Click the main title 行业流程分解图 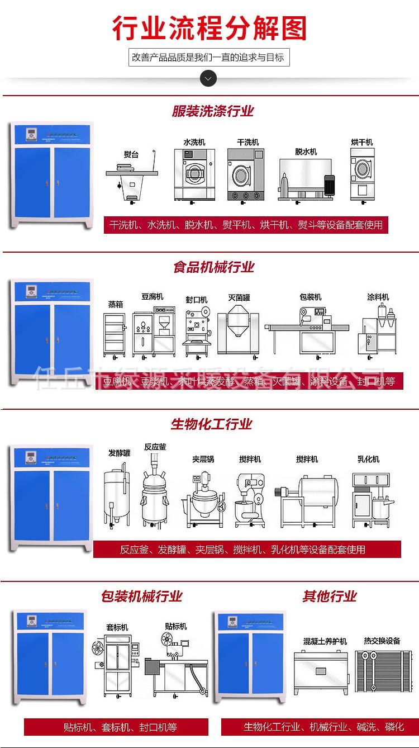tap(209, 28)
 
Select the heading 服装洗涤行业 tap(212, 111)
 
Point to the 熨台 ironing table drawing tap(132, 179)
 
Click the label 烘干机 tap(361, 142)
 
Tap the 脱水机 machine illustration tap(306, 179)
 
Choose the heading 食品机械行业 tap(213, 267)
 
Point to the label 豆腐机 tap(151, 296)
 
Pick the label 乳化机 tap(368, 459)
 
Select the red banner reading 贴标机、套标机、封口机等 tap(116, 727)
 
